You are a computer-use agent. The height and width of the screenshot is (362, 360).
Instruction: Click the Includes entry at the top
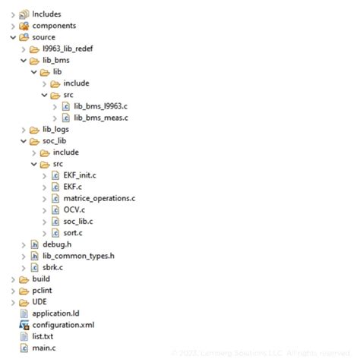coord(46,14)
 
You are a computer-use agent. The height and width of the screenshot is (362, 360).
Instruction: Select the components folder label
coord(53,26)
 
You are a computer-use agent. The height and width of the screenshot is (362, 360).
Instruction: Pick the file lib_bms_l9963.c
coord(101,106)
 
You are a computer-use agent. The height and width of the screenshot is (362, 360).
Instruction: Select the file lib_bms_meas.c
coord(101,118)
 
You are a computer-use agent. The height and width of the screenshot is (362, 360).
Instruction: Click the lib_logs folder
coord(55,129)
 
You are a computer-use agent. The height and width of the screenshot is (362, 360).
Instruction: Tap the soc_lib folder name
coord(55,140)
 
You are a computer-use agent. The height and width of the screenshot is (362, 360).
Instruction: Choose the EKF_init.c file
coord(80,175)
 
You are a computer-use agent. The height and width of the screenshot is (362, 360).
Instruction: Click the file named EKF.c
coord(73,187)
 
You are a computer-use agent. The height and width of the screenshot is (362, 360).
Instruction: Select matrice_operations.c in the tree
coord(99,198)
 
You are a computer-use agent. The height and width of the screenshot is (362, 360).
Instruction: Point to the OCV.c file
coord(74,209)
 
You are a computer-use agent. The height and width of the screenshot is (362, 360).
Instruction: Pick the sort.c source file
coord(74,232)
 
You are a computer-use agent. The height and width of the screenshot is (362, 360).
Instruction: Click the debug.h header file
coord(57,244)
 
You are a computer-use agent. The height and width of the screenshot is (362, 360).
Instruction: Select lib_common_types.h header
coord(78,256)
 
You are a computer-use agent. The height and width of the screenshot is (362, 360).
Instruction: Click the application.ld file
coord(55,313)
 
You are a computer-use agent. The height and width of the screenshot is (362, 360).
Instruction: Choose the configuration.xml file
coord(63,325)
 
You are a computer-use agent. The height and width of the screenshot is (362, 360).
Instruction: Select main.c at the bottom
coord(43,348)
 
